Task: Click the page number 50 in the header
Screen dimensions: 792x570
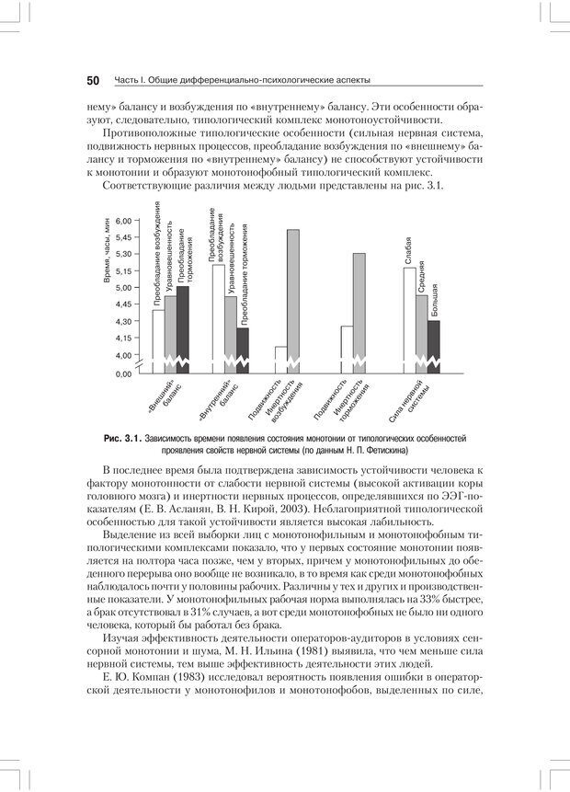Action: (93, 80)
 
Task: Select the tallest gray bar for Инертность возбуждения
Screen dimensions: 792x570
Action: (293, 299)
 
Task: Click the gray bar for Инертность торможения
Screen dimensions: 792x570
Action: (359, 311)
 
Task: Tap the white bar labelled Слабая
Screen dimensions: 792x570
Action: (409, 317)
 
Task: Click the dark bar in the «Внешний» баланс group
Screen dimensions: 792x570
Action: (182, 327)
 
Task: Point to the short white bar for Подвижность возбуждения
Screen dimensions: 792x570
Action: (280, 358)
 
